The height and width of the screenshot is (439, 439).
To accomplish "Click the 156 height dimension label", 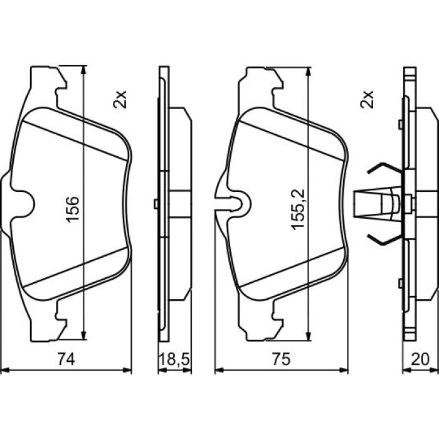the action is [x=73, y=209].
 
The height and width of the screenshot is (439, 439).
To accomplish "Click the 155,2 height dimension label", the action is [x=298, y=209].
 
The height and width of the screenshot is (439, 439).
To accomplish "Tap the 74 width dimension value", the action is [x=66, y=359].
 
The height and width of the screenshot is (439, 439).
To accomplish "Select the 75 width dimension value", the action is [x=282, y=359].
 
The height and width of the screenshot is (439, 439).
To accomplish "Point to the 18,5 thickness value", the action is [x=175, y=359].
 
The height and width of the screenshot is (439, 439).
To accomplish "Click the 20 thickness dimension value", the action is [x=420, y=359].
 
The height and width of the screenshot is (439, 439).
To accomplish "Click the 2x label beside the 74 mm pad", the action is [x=120, y=99].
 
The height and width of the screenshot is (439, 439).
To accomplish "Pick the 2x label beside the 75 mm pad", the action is [x=367, y=99].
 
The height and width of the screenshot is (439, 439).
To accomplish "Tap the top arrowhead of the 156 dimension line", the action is [x=83, y=70].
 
